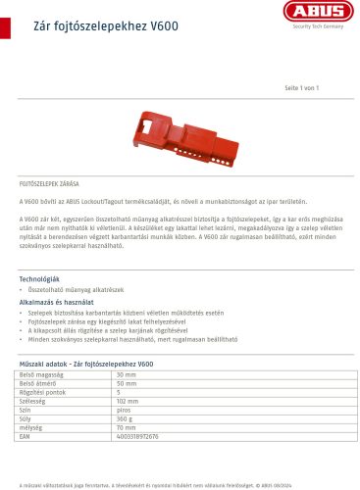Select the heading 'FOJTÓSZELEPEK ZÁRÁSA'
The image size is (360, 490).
click(50, 184)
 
